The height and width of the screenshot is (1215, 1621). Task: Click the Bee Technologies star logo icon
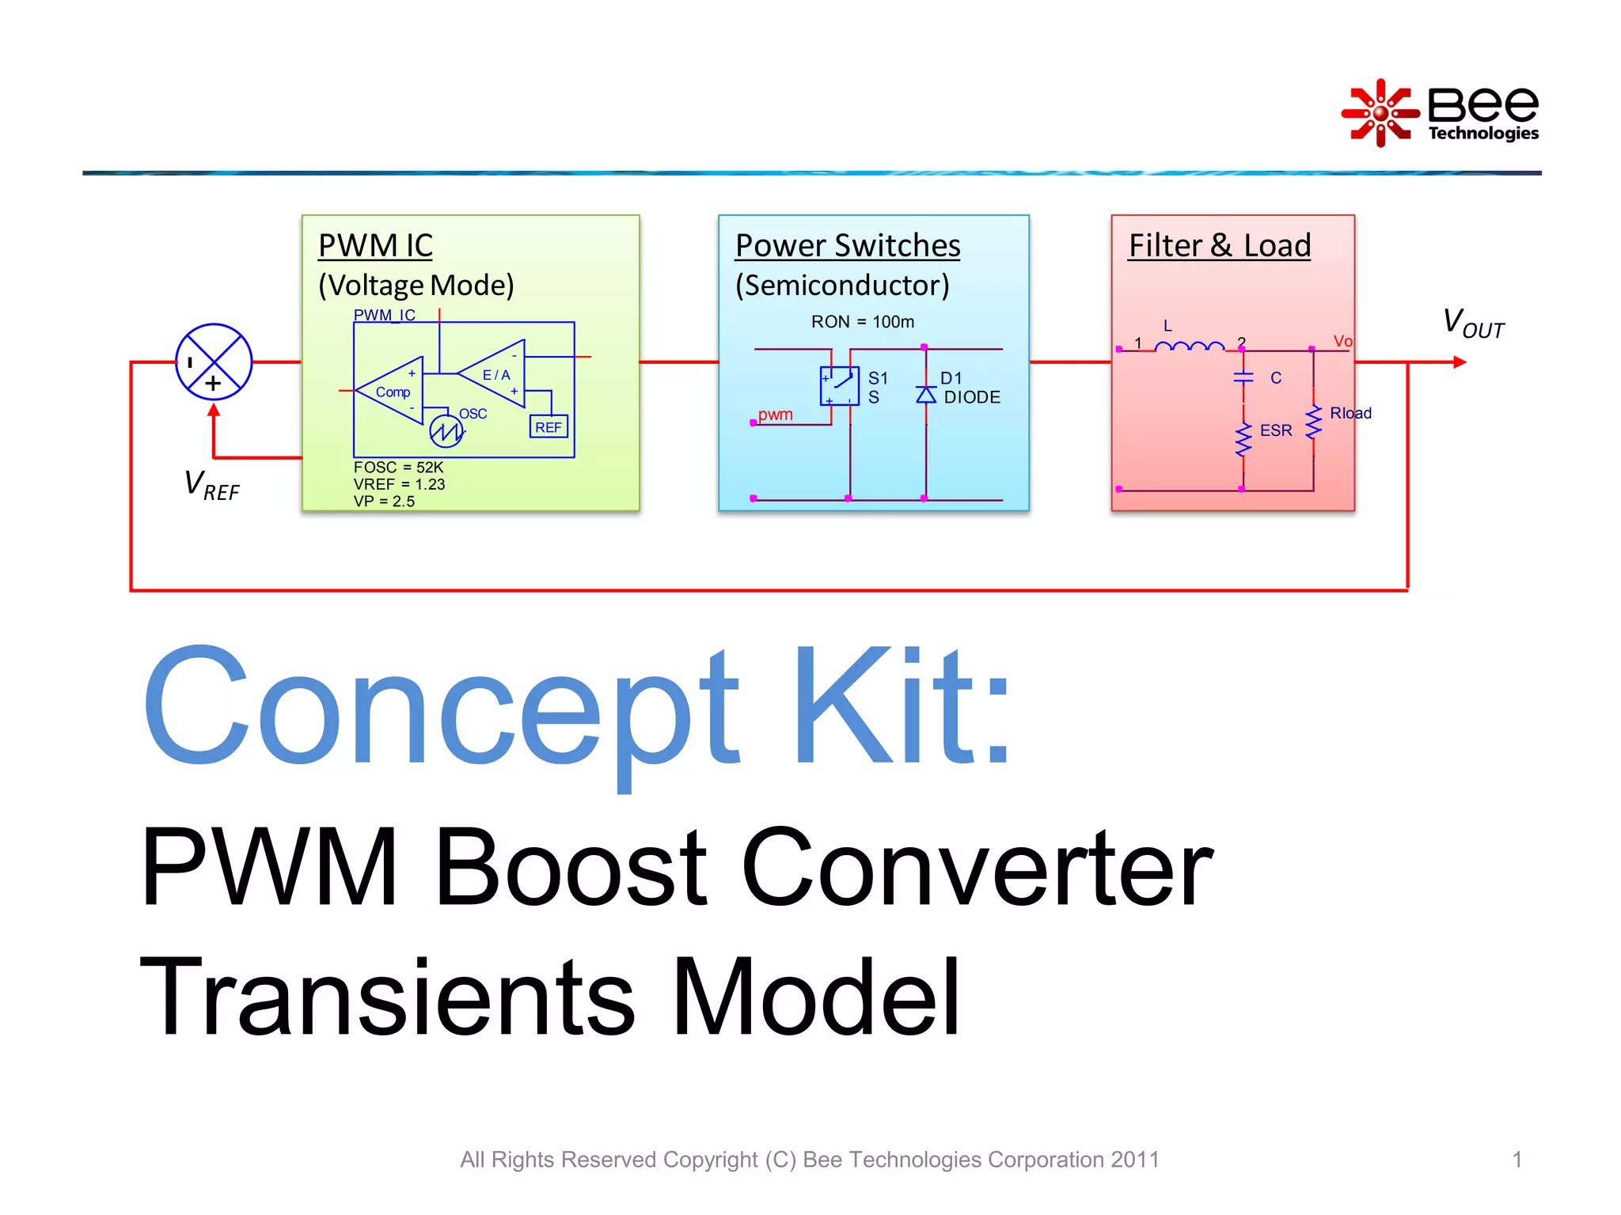tap(1380, 113)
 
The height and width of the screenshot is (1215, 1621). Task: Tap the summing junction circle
tap(214, 361)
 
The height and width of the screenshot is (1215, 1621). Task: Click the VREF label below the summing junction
tap(211, 484)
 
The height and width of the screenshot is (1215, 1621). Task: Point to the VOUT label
tap(1472, 324)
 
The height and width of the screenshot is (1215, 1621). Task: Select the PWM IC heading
tap(375, 245)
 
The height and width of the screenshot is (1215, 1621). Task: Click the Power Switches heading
tap(848, 245)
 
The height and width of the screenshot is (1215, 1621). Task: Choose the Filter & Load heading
tap(1219, 245)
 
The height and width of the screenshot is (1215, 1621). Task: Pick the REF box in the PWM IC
tap(549, 427)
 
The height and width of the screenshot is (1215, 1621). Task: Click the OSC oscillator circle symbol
tap(446, 431)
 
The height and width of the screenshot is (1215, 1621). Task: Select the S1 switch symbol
tap(839, 385)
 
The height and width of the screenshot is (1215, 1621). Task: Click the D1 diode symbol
tap(926, 394)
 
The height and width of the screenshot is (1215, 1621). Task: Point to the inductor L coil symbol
tap(1189, 346)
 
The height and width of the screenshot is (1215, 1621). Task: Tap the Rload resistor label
tap(1350, 413)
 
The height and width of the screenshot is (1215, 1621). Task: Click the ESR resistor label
tap(1275, 430)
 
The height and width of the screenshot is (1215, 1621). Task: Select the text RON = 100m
tap(862, 322)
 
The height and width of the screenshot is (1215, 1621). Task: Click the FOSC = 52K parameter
tap(398, 467)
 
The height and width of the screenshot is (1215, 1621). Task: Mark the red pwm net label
tap(775, 414)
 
